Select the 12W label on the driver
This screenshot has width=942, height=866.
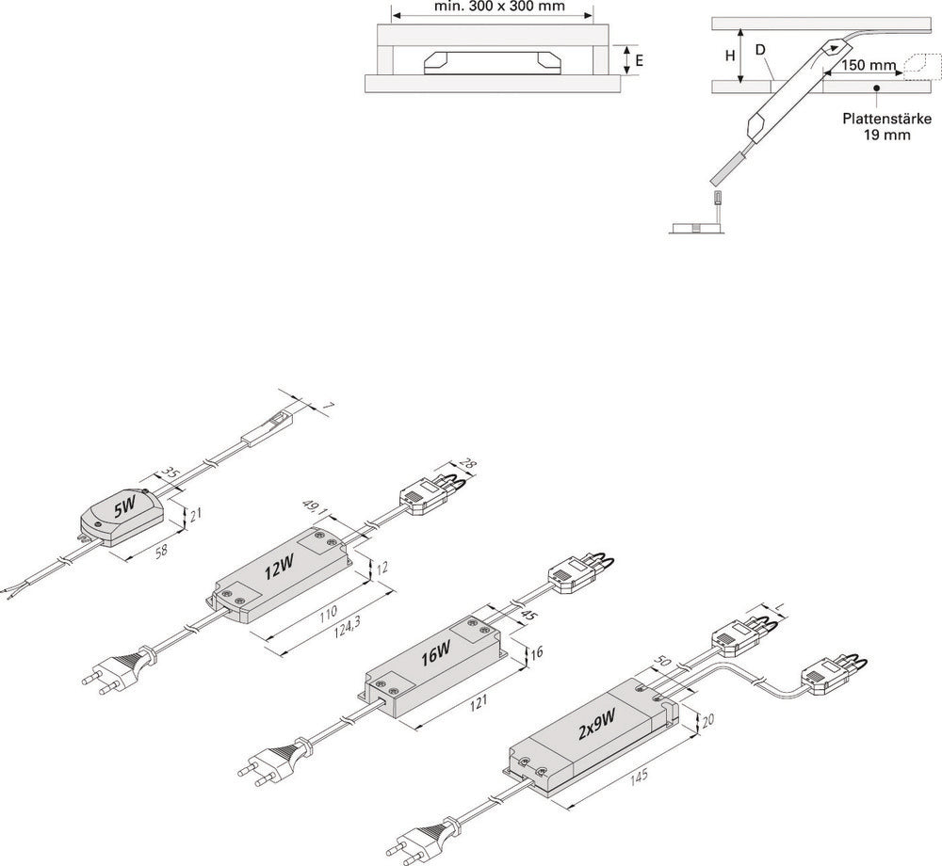tap(279, 569)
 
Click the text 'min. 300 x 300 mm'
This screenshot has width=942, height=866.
tap(492, 6)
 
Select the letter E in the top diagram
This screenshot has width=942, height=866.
tap(640, 59)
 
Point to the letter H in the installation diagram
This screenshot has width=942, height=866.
tap(729, 56)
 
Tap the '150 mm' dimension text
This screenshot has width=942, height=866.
tap(868, 66)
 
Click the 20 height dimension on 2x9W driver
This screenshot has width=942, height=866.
tap(707, 721)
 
